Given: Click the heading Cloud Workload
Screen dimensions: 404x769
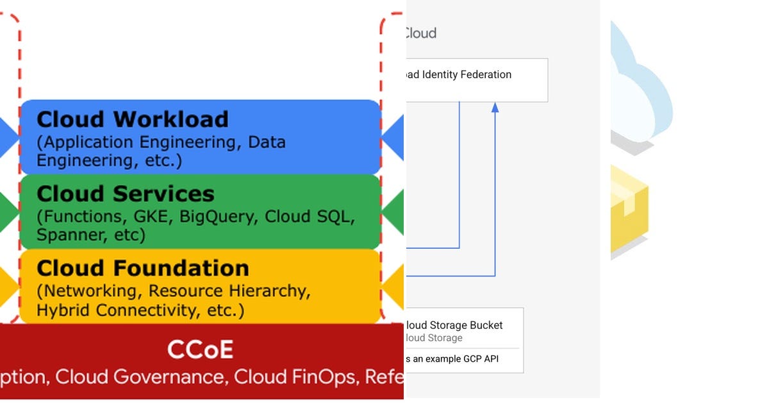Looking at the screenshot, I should pos(133,120).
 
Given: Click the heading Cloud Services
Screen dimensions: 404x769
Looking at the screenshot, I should pos(126,194).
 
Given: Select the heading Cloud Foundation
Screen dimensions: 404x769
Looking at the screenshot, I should pos(143,268).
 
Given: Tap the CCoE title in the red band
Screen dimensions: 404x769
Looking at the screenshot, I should pos(200,350).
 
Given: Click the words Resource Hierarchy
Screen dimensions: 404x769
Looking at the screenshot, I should pos(229,290).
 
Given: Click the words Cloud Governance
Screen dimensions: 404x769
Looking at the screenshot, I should pos(140,376).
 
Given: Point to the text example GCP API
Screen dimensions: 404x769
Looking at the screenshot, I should pos(456,359).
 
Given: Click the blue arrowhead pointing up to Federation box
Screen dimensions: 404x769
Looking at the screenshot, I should pos(495,107).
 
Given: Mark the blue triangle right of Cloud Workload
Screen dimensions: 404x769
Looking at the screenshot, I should pos(393,137).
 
